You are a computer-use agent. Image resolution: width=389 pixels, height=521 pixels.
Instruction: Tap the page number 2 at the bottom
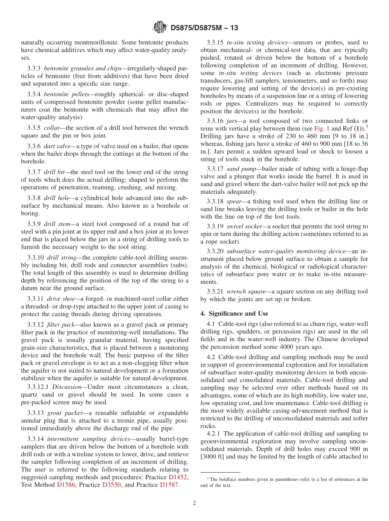[x=194, y=503]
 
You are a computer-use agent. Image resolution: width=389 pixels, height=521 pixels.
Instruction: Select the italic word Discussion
[x=67, y=387]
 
